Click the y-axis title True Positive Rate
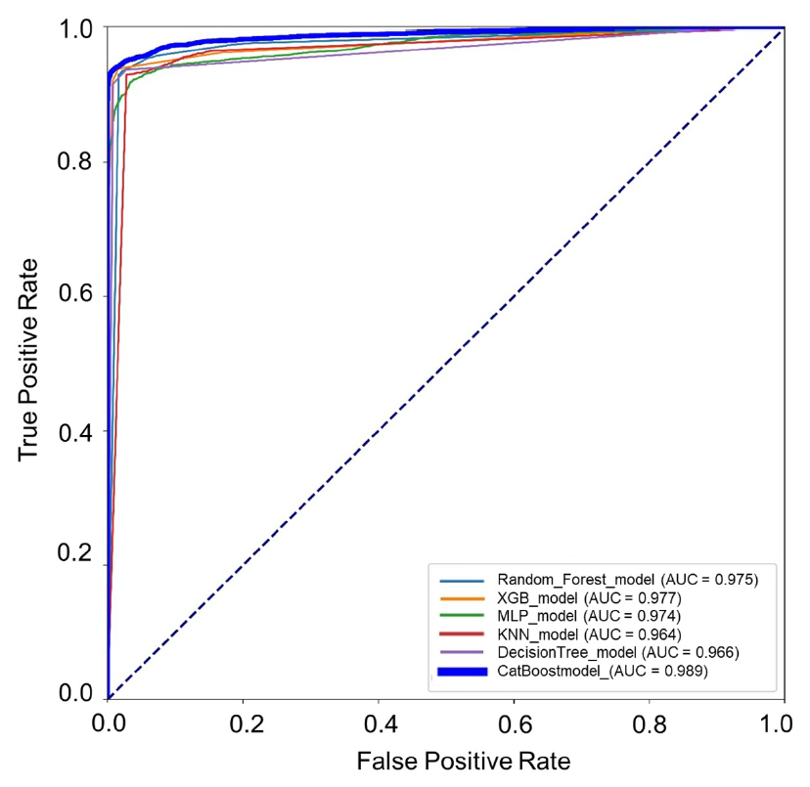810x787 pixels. point(30,359)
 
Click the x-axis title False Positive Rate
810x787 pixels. point(463,761)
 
